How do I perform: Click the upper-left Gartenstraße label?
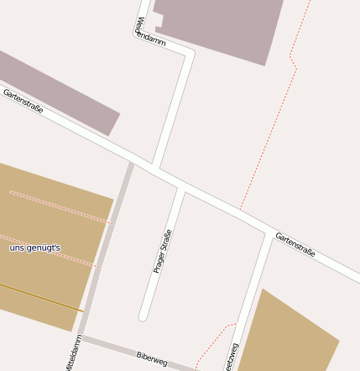pyautogui.click(x=23, y=101)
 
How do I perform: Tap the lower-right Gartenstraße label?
pyautogui.click(x=295, y=244)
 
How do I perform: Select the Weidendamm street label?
pyautogui.click(x=150, y=31)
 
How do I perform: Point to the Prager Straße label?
pyautogui.click(x=162, y=251)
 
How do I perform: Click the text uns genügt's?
pyautogui.click(x=34, y=248)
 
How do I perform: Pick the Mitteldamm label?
pyautogui.click(x=73, y=353)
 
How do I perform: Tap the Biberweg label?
pyautogui.click(x=152, y=359)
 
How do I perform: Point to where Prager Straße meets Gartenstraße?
pyautogui.click(x=182, y=189)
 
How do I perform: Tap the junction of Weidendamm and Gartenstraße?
pyautogui.click(x=155, y=166)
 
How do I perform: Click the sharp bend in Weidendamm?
pyautogui.click(x=190, y=54)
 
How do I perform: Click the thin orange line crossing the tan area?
pyautogui.click(x=42, y=297)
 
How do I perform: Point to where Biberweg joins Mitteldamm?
pyautogui.click(x=82, y=338)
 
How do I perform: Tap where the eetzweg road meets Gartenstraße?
pyautogui.click(x=270, y=235)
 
